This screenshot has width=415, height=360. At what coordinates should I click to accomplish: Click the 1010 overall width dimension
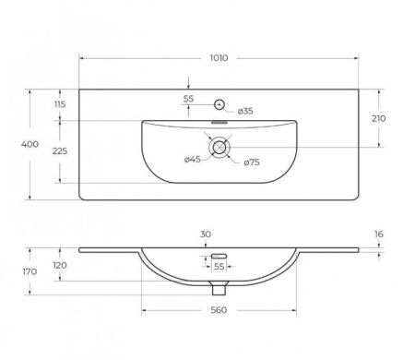(x=219, y=58)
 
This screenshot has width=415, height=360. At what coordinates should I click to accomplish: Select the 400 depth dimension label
(x=30, y=144)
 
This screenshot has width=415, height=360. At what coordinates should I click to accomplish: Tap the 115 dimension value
(x=60, y=104)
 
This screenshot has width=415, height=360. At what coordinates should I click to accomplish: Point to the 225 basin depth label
(x=60, y=151)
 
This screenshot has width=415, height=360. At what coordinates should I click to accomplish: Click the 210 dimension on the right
(x=378, y=118)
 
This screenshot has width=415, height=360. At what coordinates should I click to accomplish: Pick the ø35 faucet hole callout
(x=245, y=111)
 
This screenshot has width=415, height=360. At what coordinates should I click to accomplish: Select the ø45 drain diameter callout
(x=193, y=160)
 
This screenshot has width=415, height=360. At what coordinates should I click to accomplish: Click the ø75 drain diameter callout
(x=252, y=162)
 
